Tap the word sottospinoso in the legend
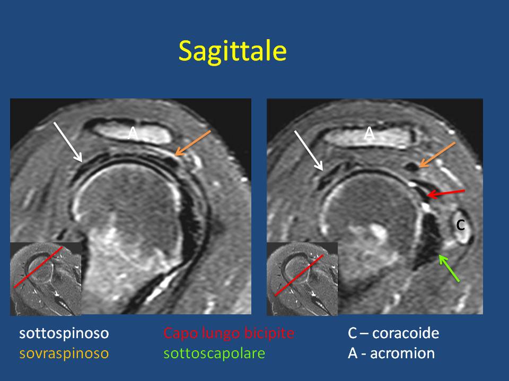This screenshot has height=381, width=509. click(64, 333)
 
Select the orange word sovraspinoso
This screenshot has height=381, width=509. click(64, 353)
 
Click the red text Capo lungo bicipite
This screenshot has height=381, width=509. click(229, 333)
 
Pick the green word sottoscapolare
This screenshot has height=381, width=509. click(214, 353)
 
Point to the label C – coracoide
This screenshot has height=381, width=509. click(393, 333)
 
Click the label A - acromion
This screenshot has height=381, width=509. click(391, 353)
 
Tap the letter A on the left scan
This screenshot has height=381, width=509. click(133, 133)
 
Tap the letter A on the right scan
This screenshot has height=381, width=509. click(369, 133)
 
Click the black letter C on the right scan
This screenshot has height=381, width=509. click(460, 225)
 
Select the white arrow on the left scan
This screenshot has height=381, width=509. click(68, 142)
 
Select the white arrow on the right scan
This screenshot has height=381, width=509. click(309, 150)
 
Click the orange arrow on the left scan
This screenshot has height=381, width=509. click(193, 143)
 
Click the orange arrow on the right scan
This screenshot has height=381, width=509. click(437, 155)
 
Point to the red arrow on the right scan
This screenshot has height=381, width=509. click(446, 193)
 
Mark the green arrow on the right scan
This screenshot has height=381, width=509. click(449, 268)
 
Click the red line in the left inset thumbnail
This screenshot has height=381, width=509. click(38, 267)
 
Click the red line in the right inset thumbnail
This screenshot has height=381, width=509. click(299, 275)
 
